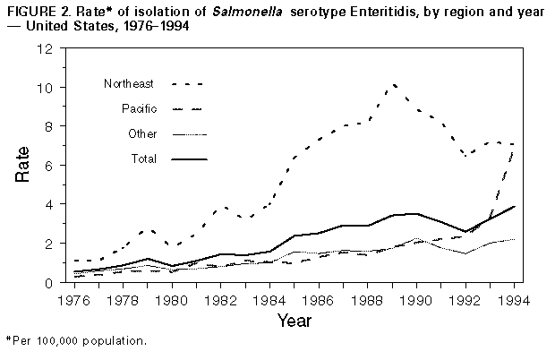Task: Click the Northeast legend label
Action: click(x=129, y=84)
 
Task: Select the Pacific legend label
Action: click(x=138, y=109)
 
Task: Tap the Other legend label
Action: click(x=141, y=134)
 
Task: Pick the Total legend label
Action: click(x=142, y=159)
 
